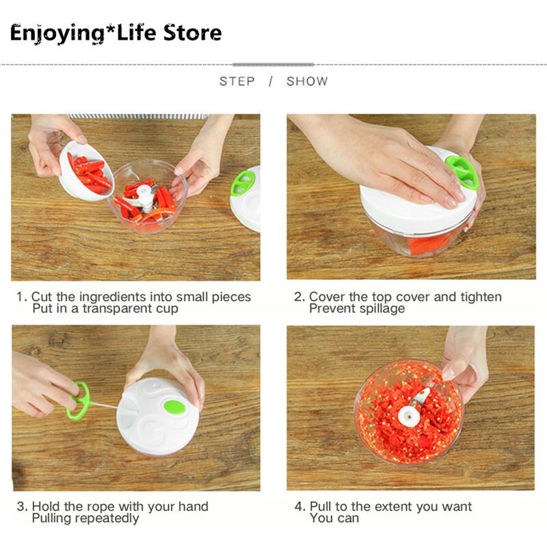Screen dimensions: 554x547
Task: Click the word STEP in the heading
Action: pos(236,81)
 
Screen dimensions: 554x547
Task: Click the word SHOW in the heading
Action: pos(307,81)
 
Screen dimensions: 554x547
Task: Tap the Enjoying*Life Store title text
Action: pos(116,32)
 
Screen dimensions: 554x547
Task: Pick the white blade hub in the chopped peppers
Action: pos(412,413)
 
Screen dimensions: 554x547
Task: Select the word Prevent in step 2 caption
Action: pos(331,309)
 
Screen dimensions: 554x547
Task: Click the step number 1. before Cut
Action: pos(22,297)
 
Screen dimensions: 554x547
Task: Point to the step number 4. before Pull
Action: pos(299,507)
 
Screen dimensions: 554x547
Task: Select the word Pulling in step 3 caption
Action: pos(54,518)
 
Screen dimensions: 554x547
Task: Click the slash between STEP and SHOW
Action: pos(271,81)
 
